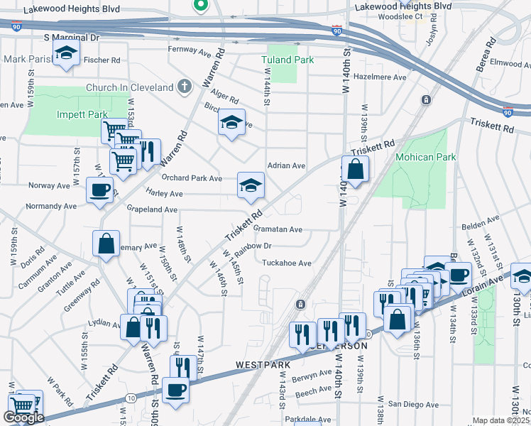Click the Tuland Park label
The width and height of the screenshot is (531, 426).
click(x=288, y=60)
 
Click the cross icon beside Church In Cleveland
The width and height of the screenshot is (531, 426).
click(x=185, y=87)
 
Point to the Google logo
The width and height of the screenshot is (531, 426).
click(x=23, y=417)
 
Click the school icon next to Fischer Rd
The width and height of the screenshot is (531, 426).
click(x=67, y=53)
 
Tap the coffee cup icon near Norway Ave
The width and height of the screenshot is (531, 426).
click(x=99, y=190)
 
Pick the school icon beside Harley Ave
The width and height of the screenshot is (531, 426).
click(x=251, y=186)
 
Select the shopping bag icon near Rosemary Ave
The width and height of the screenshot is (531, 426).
click(x=106, y=244)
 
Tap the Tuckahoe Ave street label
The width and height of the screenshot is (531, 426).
click(x=287, y=263)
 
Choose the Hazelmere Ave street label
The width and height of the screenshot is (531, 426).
click(x=380, y=77)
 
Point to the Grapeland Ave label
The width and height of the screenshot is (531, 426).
click(x=152, y=209)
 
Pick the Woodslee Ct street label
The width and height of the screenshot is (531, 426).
click(x=420, y=15)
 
